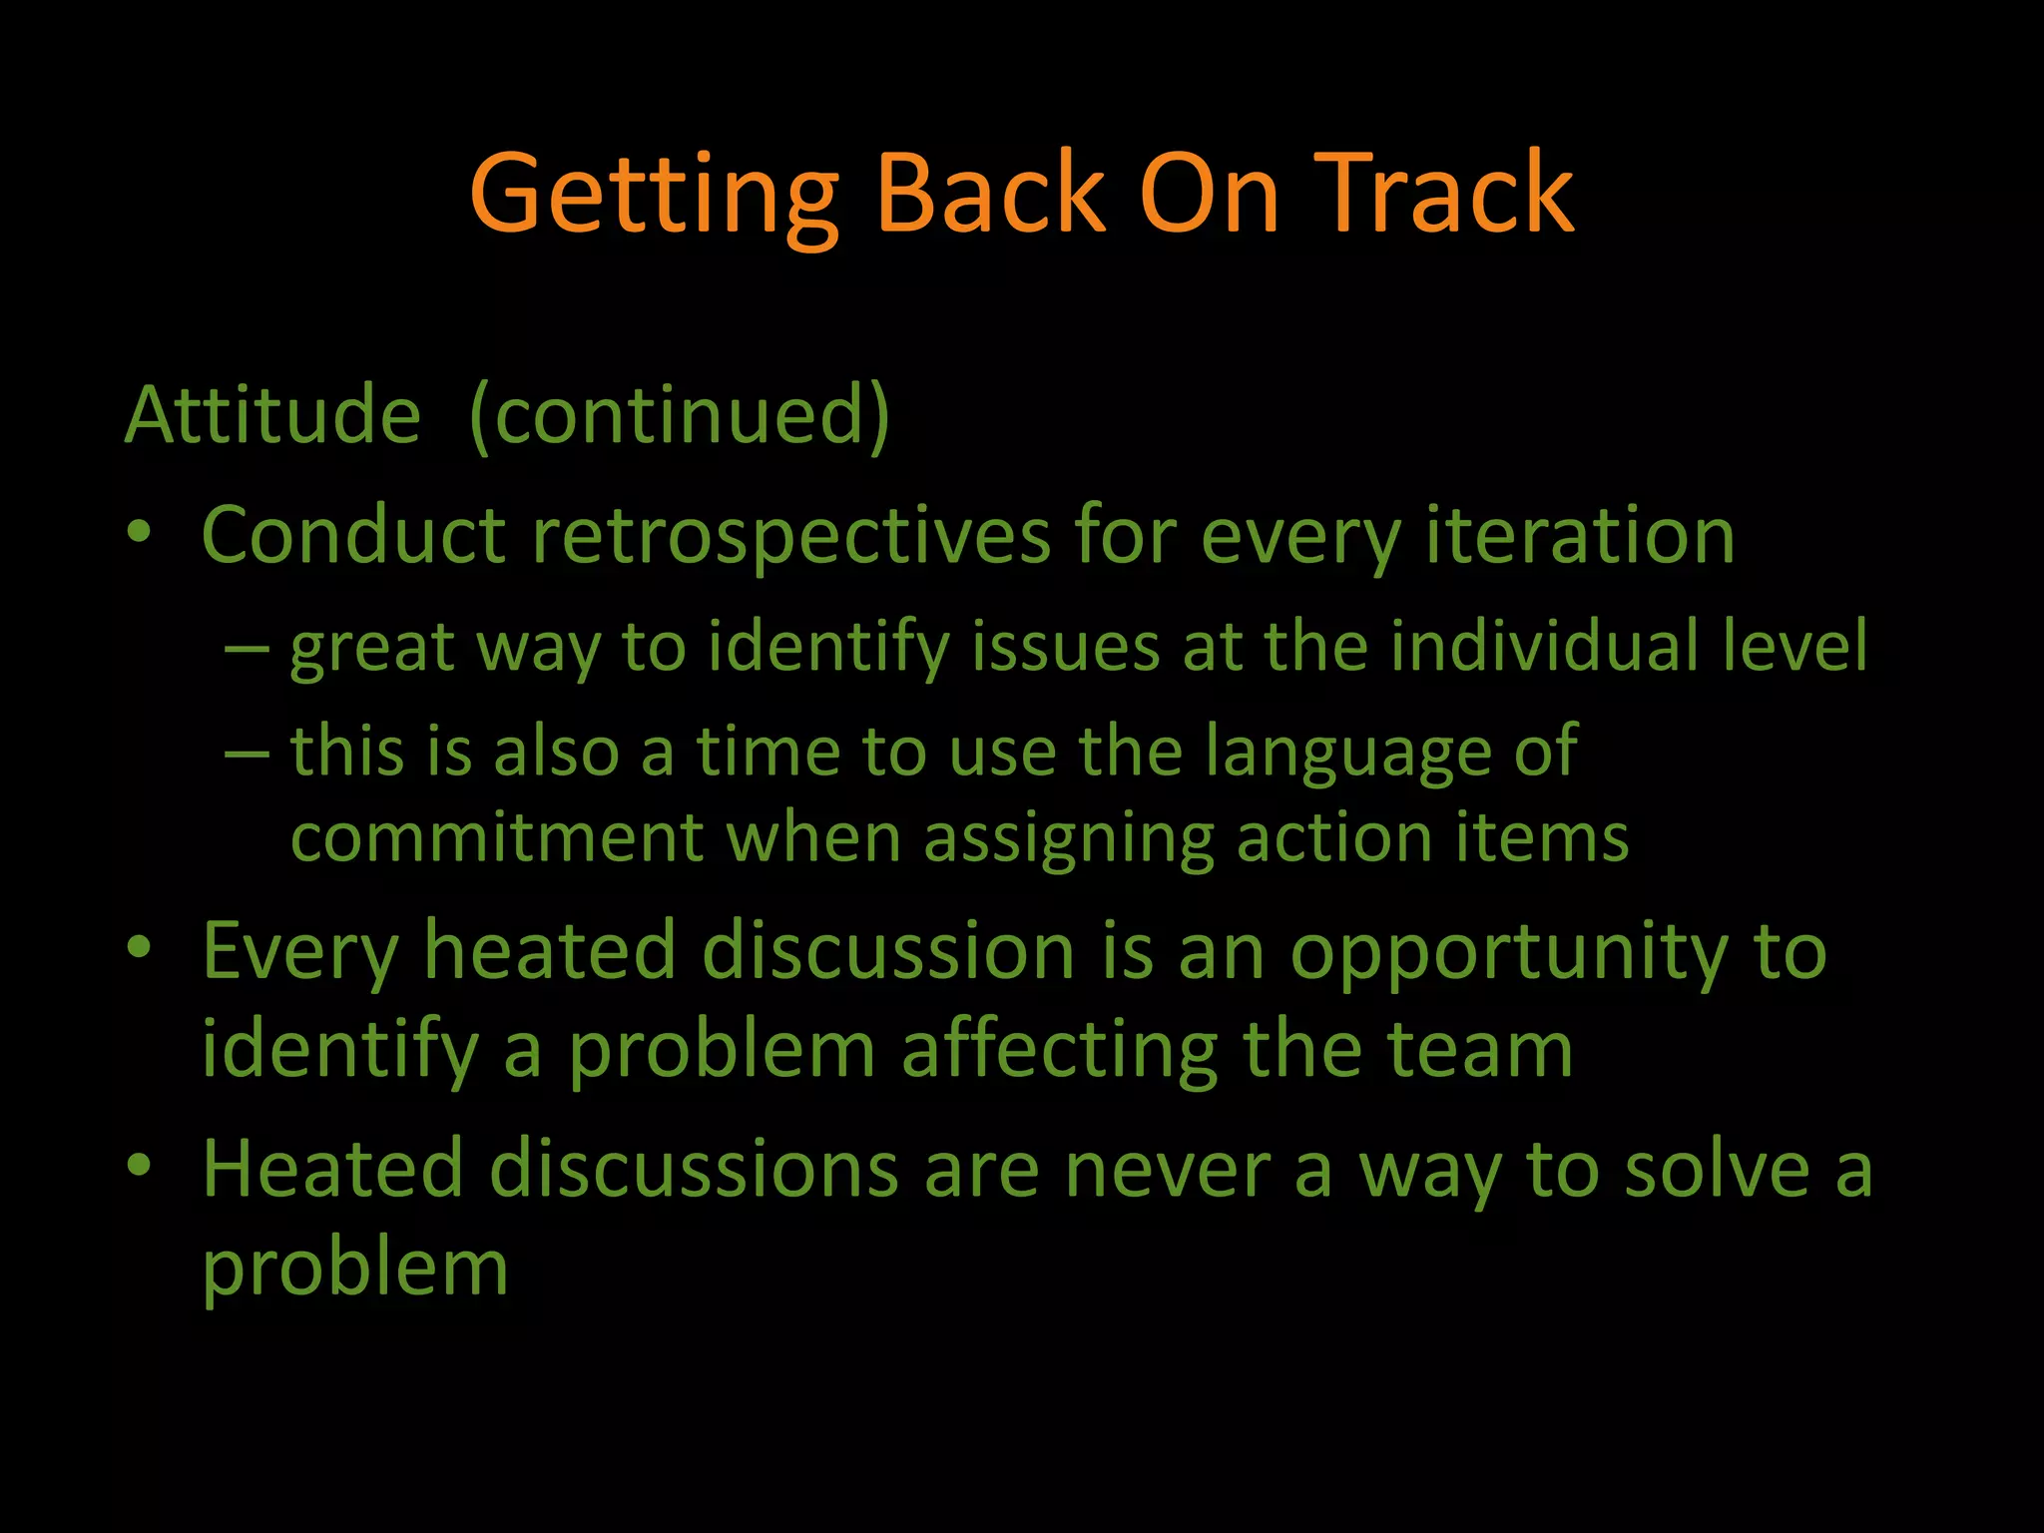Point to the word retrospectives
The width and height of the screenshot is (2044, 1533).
[791, 537]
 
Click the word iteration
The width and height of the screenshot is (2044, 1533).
[1580, 537]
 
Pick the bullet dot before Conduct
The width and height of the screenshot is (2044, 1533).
[140, 532]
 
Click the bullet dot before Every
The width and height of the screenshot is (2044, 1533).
[140, 947]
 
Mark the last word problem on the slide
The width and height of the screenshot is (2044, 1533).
[355, 1270]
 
